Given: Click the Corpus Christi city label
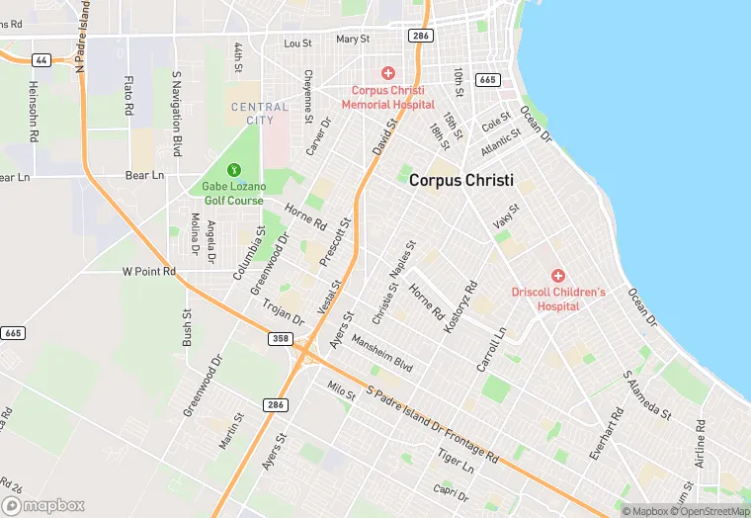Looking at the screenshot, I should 461,180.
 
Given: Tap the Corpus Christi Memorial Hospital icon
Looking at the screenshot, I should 388,73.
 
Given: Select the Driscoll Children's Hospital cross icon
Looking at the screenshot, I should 557,275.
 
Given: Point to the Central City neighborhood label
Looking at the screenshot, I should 260,114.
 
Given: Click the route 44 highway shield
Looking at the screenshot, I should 41,60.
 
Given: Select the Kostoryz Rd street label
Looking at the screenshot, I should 461,305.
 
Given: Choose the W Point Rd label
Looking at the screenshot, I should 148,271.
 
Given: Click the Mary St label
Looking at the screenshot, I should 352,40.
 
